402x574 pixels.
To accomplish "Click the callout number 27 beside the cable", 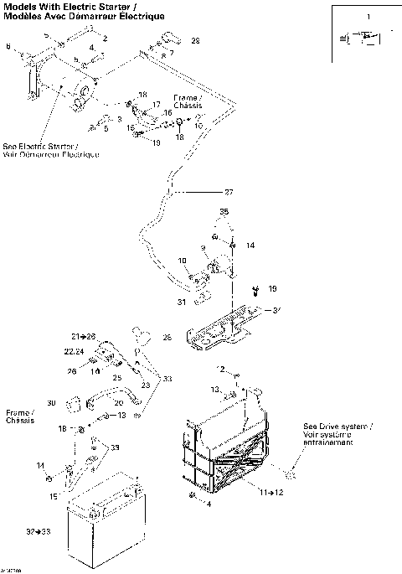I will point(229,193).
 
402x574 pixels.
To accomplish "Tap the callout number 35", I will point(224,213).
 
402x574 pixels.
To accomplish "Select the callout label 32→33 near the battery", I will point(37,532).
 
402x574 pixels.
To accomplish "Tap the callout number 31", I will point(181,303).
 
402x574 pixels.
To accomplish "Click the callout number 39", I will point(114,447).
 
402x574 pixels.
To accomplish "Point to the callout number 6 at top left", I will point(9,47).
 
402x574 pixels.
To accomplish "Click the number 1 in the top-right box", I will point(365,17).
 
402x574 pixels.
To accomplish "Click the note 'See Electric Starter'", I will point(50,149).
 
